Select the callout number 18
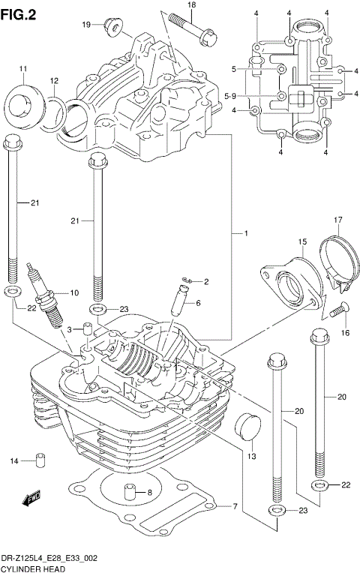191,5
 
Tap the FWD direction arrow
32,497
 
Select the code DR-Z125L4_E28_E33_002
49,559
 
